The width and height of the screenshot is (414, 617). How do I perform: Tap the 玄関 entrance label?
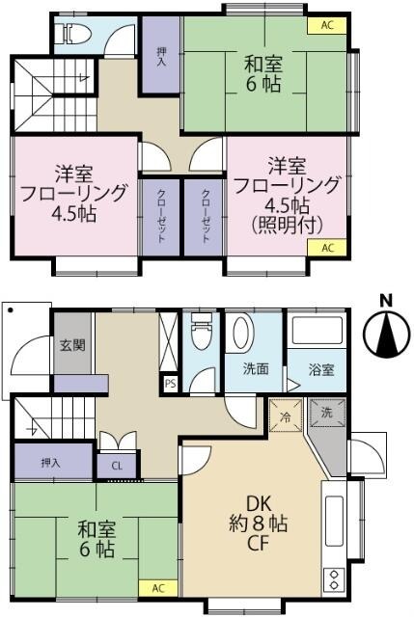point(67,345)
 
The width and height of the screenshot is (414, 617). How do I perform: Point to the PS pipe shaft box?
point(171,383)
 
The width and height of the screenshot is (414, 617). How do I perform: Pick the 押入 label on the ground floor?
point(51,463)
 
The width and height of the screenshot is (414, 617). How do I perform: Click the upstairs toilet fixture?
point(74,35)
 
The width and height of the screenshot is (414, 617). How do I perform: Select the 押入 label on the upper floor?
point(161,57)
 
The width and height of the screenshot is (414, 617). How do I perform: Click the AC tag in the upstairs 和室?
point(326,26)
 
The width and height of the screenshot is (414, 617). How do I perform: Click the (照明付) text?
point(287,225)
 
